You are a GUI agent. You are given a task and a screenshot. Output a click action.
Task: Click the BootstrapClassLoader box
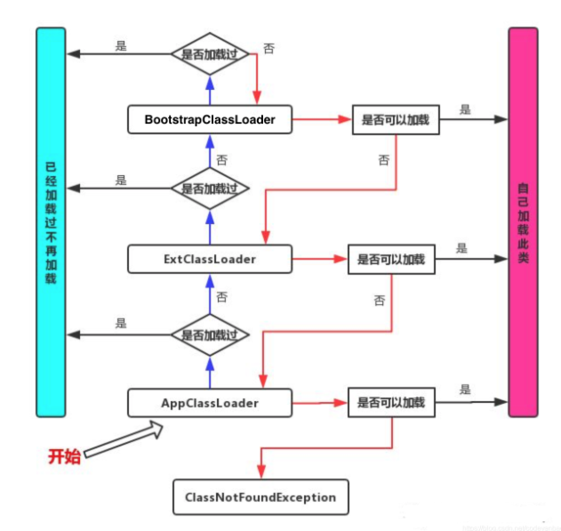210,119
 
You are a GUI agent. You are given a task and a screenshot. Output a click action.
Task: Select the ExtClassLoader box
210,260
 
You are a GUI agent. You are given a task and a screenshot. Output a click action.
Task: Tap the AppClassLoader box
210,403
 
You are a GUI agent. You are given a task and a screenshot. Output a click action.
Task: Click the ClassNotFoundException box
260,497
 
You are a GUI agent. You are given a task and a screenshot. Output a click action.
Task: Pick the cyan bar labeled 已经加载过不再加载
51,222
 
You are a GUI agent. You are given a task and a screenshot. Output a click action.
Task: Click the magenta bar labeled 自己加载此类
524,222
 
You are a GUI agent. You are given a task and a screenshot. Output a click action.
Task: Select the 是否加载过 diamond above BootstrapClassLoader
210,53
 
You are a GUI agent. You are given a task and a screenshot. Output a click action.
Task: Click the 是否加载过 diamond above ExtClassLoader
210,189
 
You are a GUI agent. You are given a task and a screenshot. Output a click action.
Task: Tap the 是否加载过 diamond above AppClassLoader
210,334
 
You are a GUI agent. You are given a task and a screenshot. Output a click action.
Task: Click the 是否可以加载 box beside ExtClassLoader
391,260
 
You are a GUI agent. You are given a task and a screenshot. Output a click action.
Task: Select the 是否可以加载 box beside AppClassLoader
391,403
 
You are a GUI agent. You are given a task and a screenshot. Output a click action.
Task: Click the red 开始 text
64,456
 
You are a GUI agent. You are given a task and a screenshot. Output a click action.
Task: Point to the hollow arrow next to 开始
124,438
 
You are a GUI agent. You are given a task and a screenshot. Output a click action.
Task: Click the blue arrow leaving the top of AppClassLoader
210,374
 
